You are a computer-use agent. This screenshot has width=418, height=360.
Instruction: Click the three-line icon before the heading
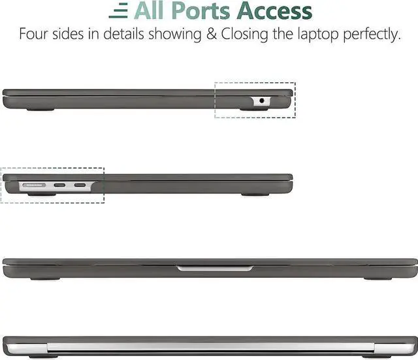point(119,12)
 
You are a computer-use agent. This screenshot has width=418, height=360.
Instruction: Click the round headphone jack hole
point(263,101)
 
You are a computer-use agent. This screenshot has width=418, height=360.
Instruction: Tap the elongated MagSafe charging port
point(35,186)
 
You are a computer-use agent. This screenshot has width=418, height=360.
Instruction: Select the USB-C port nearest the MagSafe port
point(59,186)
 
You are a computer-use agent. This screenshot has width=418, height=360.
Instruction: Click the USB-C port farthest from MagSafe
point(80,186)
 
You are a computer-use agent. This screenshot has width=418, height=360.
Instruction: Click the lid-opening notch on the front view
point(215,268)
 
